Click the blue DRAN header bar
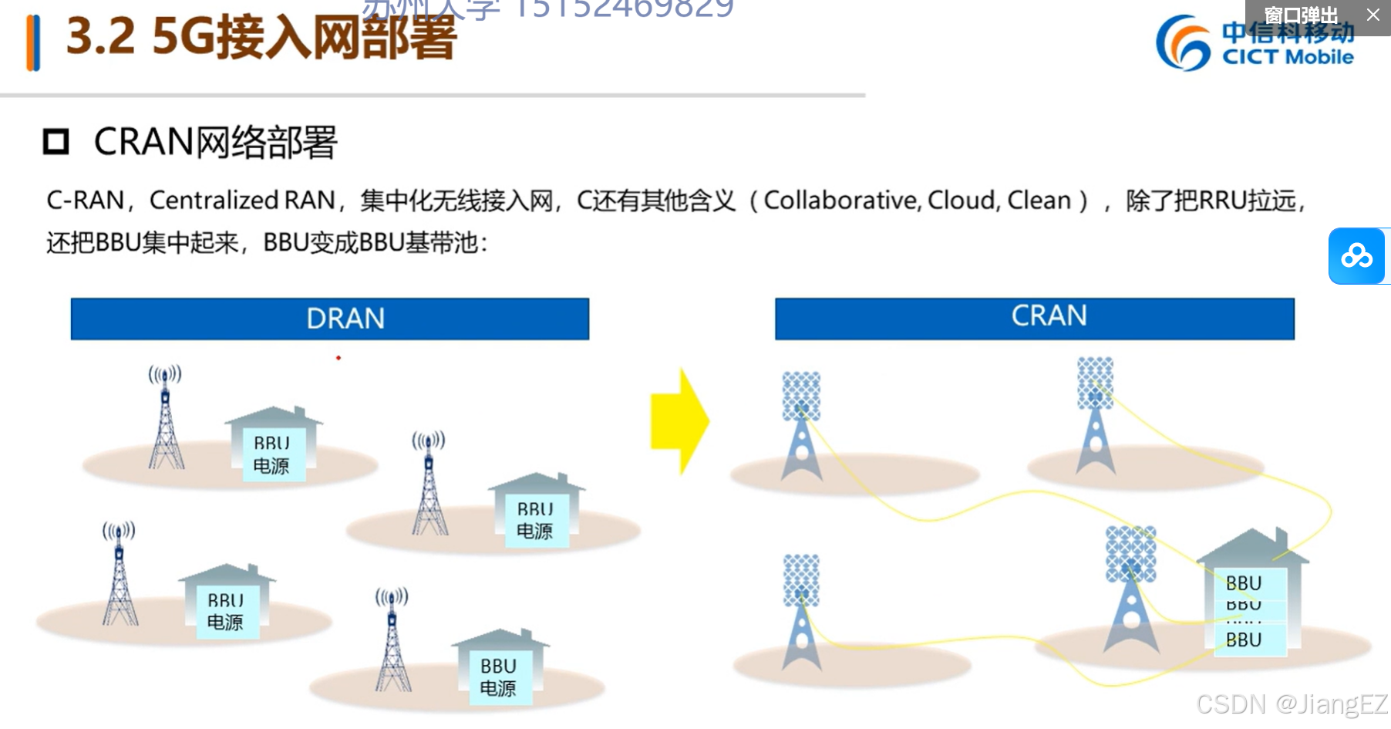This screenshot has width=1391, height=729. tap(330, 319)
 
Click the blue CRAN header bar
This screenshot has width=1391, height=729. tap(1034, 318)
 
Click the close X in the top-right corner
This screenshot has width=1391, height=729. tap(1373, 15)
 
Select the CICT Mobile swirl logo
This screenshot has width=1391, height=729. tap(1183, 43)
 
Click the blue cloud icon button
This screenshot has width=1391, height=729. tap(1356, 256)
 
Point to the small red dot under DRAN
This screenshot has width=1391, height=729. tap(338, 358)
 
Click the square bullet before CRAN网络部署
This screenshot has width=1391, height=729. tap(56, 142)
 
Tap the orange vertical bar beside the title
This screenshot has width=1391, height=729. tap(33, 43)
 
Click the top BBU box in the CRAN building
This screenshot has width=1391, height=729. tap(1244, 583)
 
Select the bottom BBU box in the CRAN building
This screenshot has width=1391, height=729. tap(1244, 640)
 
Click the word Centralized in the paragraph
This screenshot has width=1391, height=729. tap(214, 201)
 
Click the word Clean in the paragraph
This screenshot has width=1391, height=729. tap(1039, 201)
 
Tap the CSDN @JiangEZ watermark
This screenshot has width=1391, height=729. tap(1291, 704)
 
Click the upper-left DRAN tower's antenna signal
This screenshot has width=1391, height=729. tap(165, 375)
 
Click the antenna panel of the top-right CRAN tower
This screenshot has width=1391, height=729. tap(1095, 383)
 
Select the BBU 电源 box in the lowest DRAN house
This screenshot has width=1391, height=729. tap(499, 677)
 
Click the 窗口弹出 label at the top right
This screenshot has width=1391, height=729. tap(1301, 15)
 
